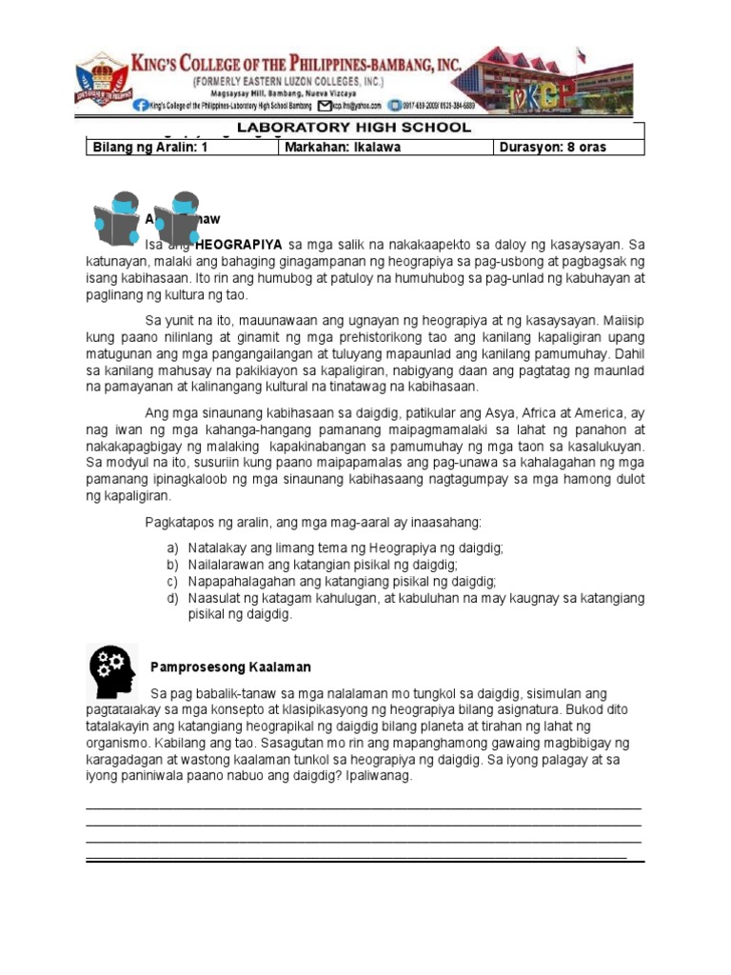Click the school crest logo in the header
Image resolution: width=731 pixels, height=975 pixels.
coord(105,81)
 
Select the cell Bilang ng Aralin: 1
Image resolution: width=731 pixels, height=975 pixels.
coord(148,148)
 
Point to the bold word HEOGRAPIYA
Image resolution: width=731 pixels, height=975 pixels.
coord(238,245)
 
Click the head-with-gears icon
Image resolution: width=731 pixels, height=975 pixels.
coord(111,670)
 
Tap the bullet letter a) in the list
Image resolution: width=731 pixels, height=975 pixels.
coord(171,549)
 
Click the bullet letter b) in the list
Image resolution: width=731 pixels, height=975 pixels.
coord(171,566)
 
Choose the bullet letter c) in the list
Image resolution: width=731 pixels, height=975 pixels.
coord(171,582)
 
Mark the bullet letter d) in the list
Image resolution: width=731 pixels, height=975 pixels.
coord(171,598)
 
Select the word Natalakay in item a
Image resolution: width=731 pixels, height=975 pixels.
coord(216,549)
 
